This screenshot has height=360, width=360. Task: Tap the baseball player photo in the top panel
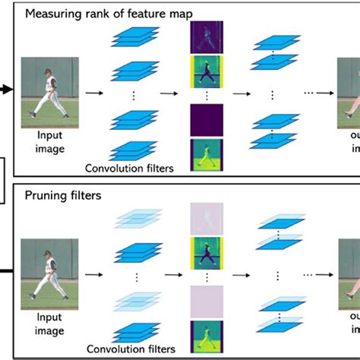point(49,89)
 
